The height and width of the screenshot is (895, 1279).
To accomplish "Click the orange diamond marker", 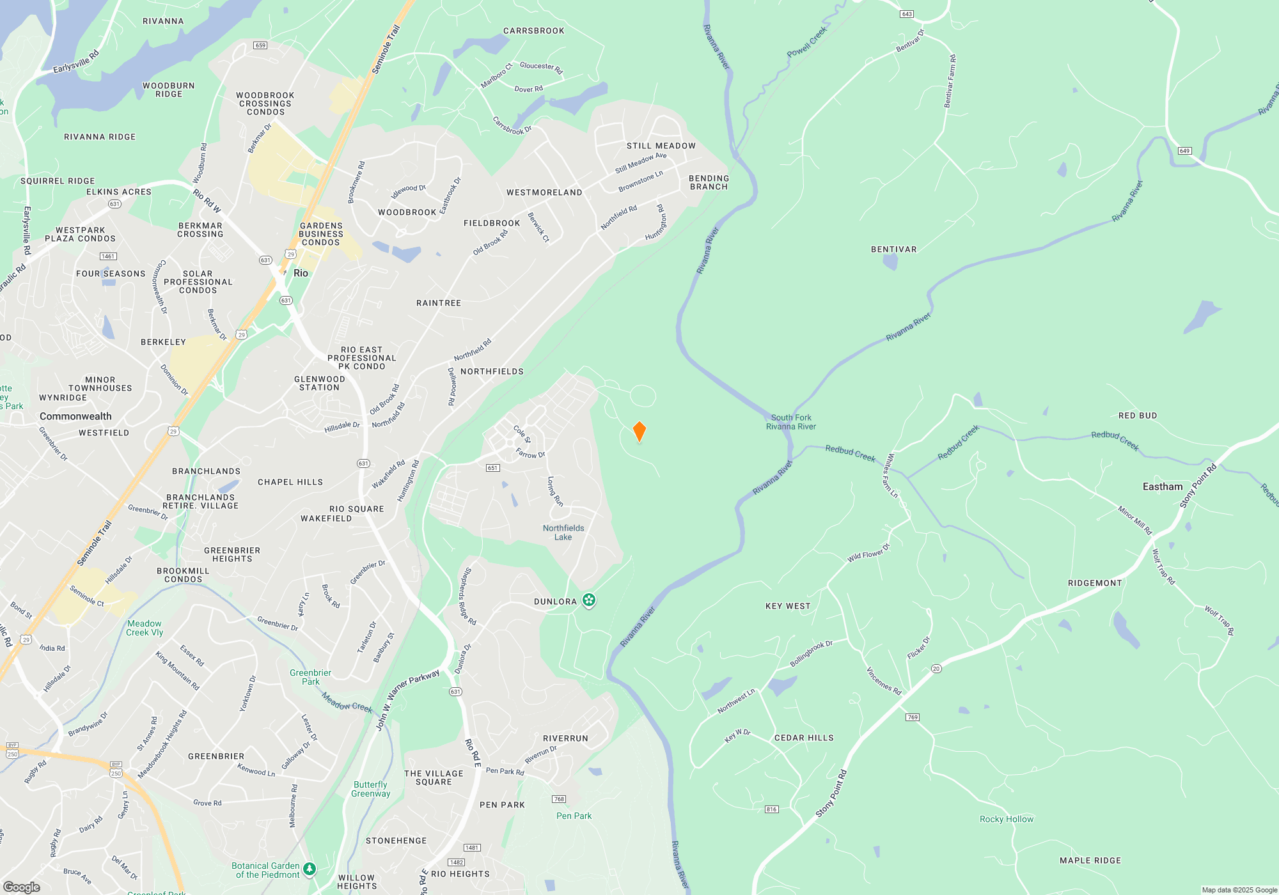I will point(639,432).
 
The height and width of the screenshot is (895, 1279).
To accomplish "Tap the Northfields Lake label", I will point(563,533).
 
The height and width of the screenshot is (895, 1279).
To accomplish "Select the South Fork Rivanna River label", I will point(791,422).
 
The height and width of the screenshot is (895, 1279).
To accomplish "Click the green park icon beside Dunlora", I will point(589,600).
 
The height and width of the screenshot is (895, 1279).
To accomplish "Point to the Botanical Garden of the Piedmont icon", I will point(310,868).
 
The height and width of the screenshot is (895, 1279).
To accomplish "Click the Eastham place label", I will point(1163,486).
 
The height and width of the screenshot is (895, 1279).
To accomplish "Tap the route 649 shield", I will point(1184,151).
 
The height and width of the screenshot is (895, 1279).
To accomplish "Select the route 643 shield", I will point(907,14).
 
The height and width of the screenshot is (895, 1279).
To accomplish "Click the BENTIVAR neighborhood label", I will point(893,249).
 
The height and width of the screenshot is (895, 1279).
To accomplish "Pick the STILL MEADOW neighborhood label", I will point(661,146).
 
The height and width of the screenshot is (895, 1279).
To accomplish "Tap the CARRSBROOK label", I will point(534,31).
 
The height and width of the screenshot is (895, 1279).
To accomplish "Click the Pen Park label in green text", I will point(574,816).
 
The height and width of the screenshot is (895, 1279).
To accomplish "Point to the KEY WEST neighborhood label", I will point(788,606).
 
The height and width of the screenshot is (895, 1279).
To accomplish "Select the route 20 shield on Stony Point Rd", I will point(936,669).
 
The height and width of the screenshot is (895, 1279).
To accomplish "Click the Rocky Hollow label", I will point(1007,819).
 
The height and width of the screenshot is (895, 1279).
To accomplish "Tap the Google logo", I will point(22,887).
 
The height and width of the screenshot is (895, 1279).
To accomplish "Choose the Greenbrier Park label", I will point(311,677).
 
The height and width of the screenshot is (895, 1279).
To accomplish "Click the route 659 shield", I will point(260,45).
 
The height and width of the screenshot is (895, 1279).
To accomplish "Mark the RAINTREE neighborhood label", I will point(439,303).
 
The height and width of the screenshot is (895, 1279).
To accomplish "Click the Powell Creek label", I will point(807,42).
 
